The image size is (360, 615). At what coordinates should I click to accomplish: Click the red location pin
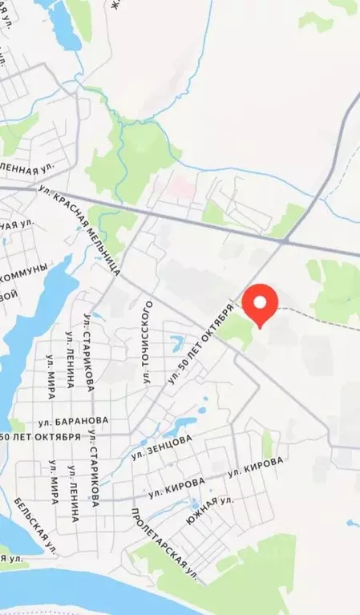[260, 302]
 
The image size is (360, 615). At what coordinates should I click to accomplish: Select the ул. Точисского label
[148, 336]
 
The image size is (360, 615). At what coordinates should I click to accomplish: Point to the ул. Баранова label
[73, 420]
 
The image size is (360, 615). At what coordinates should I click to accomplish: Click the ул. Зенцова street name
[163, 447]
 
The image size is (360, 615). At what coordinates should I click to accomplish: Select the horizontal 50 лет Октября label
[40, 438]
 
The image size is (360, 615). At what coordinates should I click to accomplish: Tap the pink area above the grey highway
[181, 188]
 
